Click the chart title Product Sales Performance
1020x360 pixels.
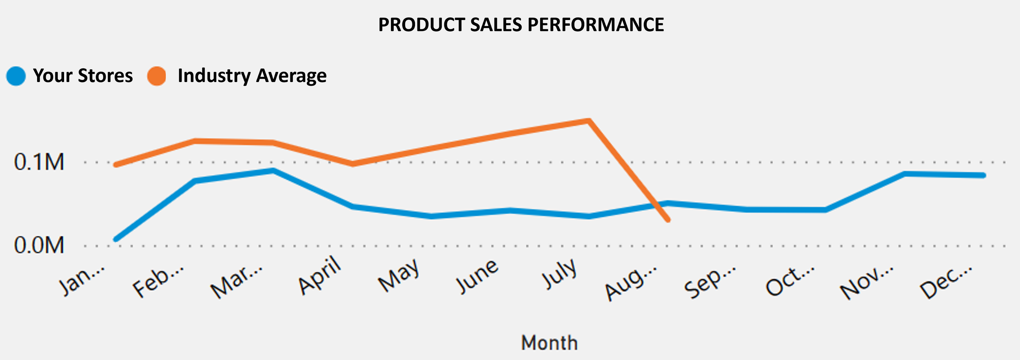point(521,25)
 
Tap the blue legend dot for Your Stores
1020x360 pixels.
point(16,76)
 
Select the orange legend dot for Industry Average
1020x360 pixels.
point(157,76)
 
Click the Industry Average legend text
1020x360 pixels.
point(252,76)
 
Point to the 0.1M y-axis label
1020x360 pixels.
point(39,162)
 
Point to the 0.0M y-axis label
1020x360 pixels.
point(39,246)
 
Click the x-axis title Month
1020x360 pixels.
point(549,342)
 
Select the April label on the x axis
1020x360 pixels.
point(319,275)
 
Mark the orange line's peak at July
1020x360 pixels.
point(588,121)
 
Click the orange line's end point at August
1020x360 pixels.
point(668,220)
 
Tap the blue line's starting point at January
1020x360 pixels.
point(116,239)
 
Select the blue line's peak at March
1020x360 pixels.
point(273,171)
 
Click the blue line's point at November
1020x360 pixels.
point(905,174)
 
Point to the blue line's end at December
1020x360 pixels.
point(984,176)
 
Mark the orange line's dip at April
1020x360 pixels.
point(353,164)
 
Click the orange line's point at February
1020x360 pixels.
point(195,141)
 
